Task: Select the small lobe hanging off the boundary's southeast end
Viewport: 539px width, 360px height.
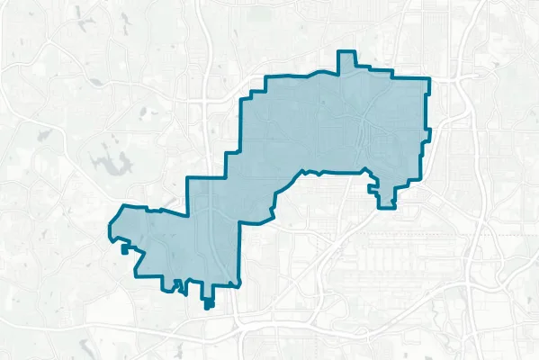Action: (x=386, y=199)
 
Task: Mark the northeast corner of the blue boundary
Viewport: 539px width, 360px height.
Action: (x=426, y=78)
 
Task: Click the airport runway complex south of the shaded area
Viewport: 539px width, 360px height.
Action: (x=378, y=261)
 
